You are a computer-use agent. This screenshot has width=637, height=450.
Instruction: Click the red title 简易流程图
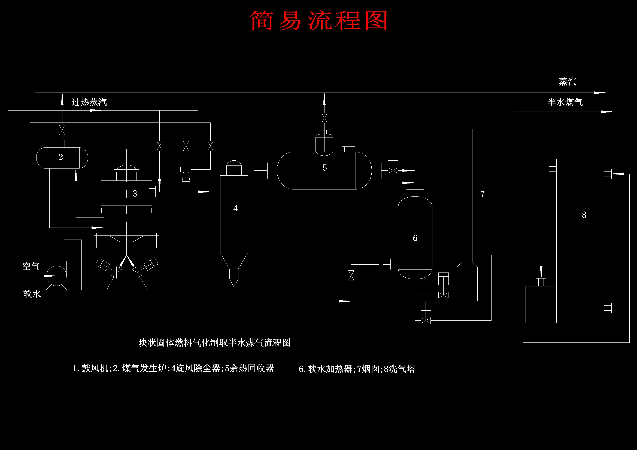click(319, 21)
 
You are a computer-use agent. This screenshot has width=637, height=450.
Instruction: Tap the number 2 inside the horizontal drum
click(61, 157)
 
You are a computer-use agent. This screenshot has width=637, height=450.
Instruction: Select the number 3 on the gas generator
click(135, 194)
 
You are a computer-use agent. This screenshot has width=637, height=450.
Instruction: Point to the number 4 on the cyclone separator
click(236, 208)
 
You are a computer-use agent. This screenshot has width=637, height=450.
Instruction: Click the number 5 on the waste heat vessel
click(324, 168)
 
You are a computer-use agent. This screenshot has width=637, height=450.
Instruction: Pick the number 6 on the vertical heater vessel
click(415, 238)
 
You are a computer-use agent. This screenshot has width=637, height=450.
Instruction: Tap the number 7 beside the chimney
click(483, 194)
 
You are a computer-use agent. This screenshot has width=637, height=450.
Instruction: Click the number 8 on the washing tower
click(584, 215)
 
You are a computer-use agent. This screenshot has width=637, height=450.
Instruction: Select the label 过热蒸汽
click(89, 102)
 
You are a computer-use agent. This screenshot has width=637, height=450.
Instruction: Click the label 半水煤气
click(565, 102)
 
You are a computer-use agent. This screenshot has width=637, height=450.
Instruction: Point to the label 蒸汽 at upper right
click(568, 81)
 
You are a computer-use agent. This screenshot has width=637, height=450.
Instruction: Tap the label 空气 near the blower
click(31, 267)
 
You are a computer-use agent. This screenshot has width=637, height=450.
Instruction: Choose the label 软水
click(32, 294)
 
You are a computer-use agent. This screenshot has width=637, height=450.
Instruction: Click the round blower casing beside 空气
click(56, 276)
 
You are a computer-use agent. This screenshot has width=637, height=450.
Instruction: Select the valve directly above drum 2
click(62, 130)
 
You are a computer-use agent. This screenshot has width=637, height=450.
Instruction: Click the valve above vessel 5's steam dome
click(324, 118)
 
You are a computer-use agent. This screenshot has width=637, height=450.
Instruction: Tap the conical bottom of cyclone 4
click(234, 264)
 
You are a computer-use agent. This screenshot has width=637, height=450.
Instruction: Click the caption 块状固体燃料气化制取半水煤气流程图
click(214, 343)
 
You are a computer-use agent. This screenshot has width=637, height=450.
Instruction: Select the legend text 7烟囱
click(368, 369)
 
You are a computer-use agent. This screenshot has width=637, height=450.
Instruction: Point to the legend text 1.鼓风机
click(90, 368)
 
